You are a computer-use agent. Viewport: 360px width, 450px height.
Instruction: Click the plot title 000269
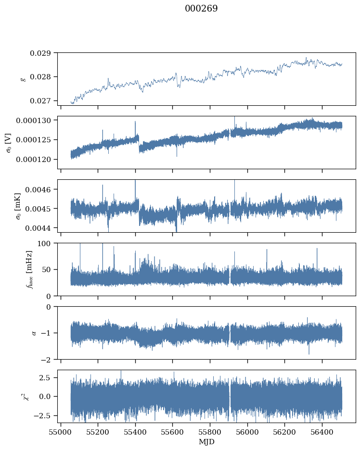(201, 9)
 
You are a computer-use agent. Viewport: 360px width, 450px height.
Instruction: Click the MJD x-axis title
(207, 441)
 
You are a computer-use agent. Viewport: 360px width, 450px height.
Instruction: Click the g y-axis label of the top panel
(23, 79)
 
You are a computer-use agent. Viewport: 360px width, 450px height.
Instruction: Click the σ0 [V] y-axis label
(8, 142)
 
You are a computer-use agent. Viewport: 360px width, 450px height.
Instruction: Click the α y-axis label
(33, 333)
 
